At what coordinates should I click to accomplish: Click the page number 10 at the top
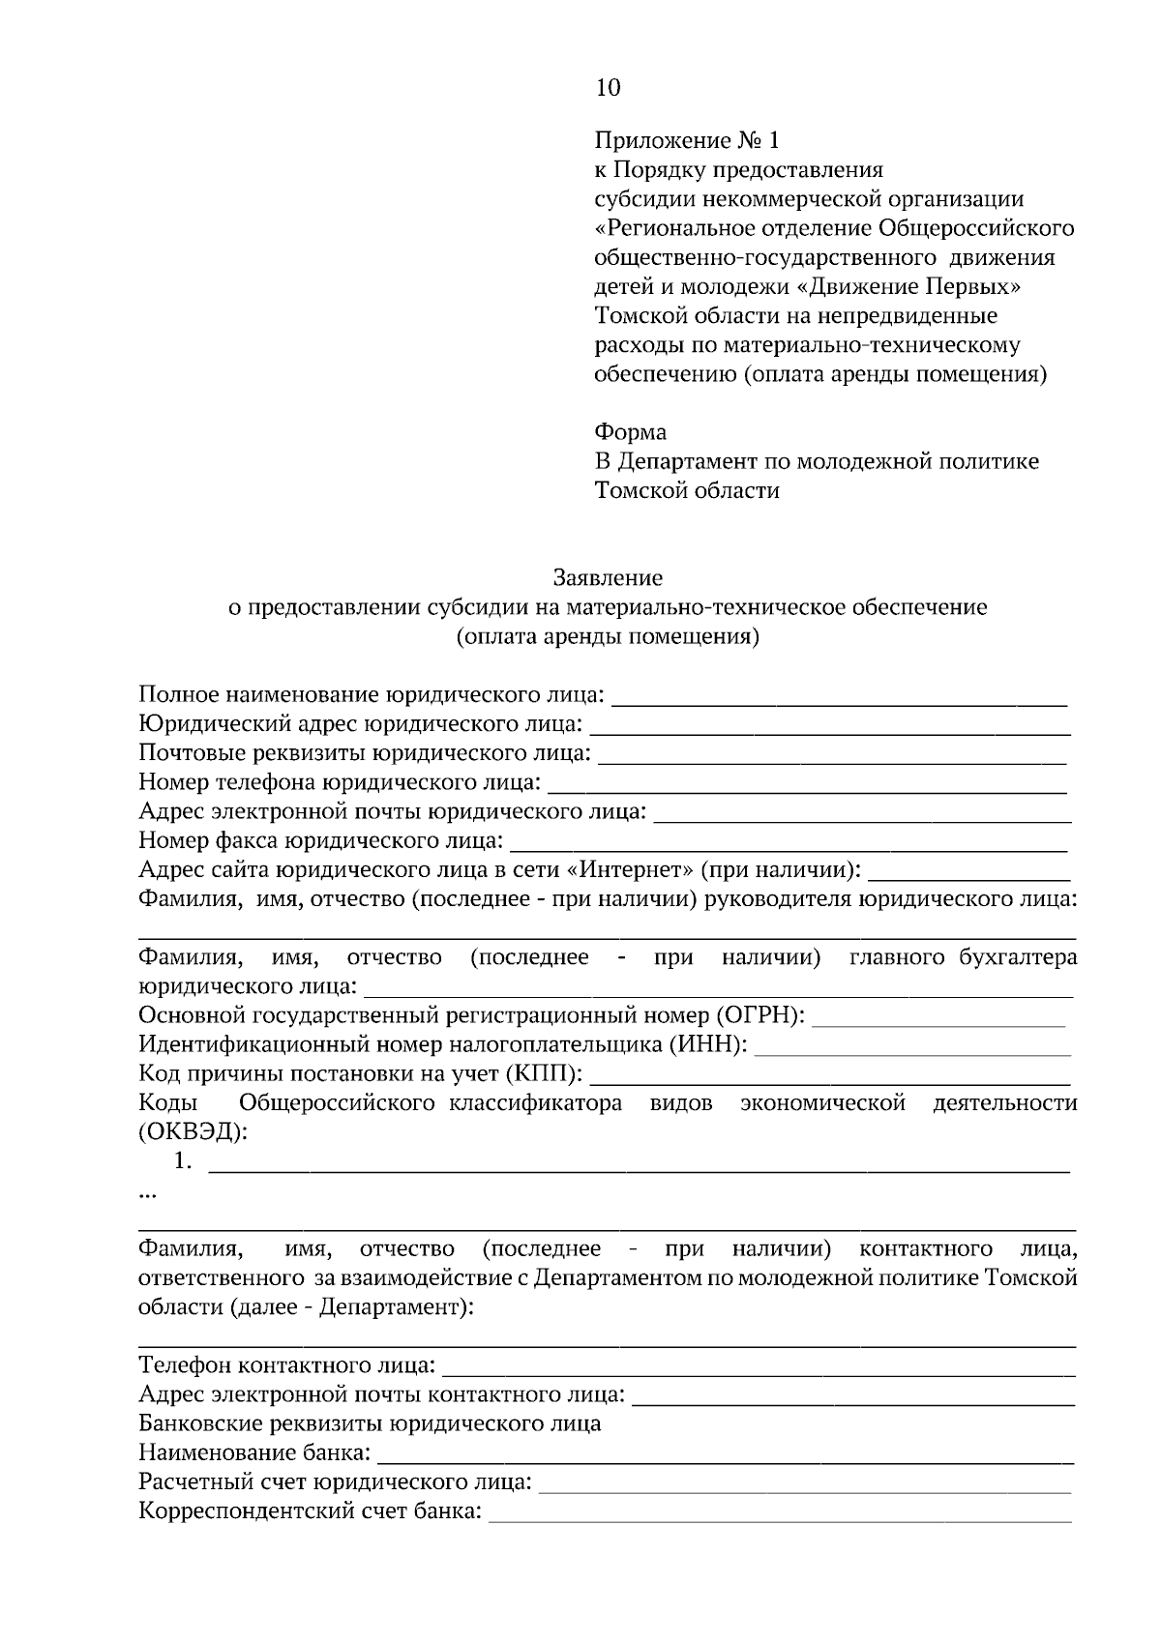click(x=608, y=88)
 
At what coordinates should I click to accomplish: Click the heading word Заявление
click(x=608, y=578)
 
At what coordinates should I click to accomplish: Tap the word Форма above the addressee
click(x=630, y=431)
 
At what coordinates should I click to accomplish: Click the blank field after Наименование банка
click(x=726, y=1453)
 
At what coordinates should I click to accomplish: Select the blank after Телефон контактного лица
click(x=759, y=1366)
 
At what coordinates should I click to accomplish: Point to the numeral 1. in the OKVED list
click(x=183, y=1162)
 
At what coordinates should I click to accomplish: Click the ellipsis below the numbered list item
click(x=147, y=1194)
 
